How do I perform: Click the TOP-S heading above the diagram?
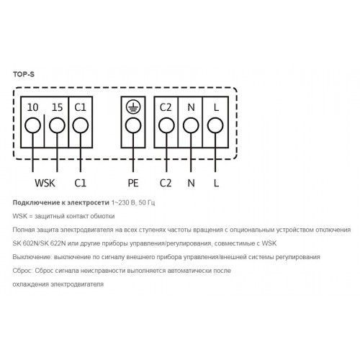coord(24,74)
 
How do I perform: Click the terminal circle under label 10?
coord(32,125)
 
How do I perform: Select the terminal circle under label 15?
coord(57,125)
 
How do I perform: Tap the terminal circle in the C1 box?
coord(81,125)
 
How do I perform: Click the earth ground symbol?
coord(133,107)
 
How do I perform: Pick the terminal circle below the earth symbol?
coord(133,125)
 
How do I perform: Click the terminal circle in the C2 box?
coord(166,125)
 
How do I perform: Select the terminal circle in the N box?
coord(191,125)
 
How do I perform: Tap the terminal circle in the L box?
coord(215,125)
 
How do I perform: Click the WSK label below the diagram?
coord(45,183)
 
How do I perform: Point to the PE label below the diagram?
coord(133,183)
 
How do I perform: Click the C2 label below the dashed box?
coord(166,183)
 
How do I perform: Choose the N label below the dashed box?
coord(191,183)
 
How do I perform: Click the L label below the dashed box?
coord(216,183)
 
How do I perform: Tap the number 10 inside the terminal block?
coord(32,107)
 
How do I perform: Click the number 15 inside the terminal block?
coord(57,107)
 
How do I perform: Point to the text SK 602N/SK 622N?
coord(39,243)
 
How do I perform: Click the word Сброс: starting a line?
coord(22,271)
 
